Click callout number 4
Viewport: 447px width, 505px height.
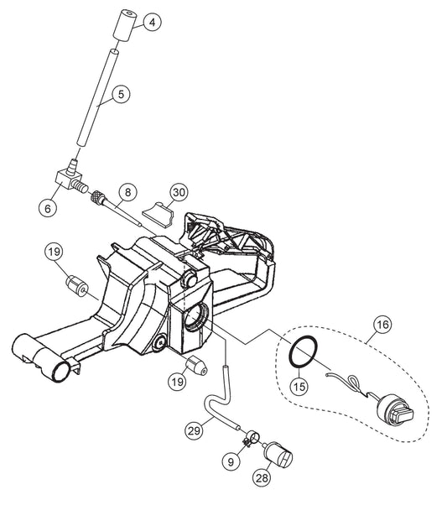152,22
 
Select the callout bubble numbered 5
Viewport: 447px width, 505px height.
121,94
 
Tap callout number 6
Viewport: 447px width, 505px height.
48,208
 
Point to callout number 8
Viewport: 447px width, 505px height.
127,192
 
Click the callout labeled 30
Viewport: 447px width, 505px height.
179,192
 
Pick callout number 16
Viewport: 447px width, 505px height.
382,325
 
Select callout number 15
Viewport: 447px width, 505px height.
299,386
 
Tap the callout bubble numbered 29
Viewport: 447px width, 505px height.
195,430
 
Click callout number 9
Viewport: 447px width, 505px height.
231,462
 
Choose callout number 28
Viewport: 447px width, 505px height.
262,477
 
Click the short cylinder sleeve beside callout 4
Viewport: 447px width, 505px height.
123,26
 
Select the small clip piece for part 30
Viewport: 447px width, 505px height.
159,214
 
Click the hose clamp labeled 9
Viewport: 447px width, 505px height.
252,440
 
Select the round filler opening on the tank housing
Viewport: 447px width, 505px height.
196,317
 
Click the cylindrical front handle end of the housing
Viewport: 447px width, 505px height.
42,358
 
